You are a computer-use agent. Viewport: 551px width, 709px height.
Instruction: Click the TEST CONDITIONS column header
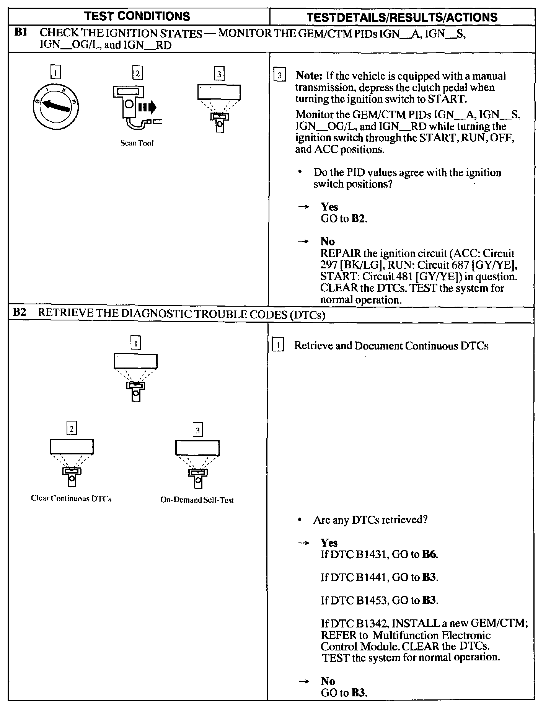click(137, 16)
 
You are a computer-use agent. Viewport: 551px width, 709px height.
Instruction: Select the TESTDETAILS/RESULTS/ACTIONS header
click(402, 17)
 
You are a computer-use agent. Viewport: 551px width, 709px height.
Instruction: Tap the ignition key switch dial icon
click(56, 106)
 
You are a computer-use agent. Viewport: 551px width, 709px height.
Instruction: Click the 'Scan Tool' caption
click(137, 143)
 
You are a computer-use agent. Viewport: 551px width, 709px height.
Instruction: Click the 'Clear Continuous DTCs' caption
click(71, 499)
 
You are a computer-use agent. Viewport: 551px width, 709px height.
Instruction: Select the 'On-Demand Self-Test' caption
click(197, 500)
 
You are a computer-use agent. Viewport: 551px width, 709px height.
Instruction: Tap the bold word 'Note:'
click(310, 76)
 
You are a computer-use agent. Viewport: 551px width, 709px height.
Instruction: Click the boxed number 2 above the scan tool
click(137, 73)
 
